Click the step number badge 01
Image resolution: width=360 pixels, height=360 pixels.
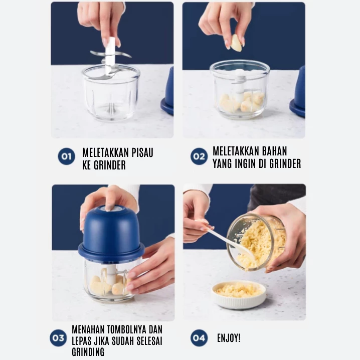point(66,156)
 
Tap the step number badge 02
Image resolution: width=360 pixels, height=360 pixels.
point(199,156)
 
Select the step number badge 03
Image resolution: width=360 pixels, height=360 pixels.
point(58,338)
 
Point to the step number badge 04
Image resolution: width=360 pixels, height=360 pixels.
point(199,338)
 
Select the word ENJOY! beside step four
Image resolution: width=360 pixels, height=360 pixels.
point(229,338)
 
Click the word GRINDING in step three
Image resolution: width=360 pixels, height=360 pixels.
point(88,352)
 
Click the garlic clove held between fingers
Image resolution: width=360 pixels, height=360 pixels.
point(237,43)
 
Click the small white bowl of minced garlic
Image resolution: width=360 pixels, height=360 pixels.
point(239,294)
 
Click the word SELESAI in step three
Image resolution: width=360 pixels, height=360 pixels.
point(150,341)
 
